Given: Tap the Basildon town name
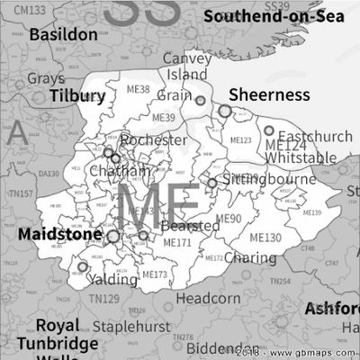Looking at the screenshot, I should click(x=63, y=34).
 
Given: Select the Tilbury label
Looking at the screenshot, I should click(x=77, y=95).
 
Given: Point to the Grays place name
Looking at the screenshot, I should click(x=46, y=78).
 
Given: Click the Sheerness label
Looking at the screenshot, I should click(x=269, y=95).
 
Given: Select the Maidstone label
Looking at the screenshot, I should click(x=57, y=233).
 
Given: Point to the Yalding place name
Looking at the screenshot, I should click(x=113, y=280).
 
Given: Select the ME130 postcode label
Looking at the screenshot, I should click(x=265, y=238).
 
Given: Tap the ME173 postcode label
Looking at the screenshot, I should click(x=155, y=274).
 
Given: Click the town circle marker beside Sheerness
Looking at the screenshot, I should click(x=225, y=111).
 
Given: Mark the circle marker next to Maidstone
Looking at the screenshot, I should click(x=113, y=237).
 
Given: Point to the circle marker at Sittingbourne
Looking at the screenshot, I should click(x=211, y=183).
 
